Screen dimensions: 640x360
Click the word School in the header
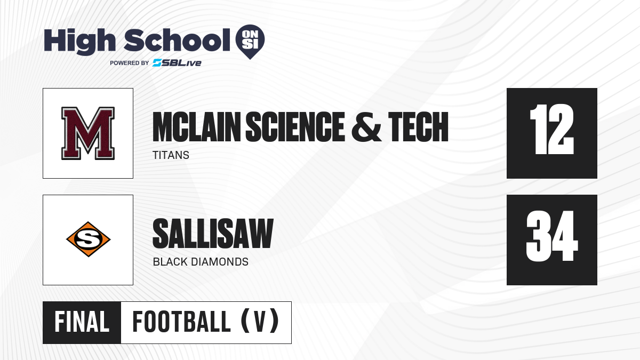click(177, 40)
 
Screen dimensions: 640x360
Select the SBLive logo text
click(177, 63)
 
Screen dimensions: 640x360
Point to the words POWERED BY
click(130, 63)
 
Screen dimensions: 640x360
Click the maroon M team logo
click(88, 133)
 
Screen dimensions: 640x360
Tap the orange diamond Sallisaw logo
click(89, 239)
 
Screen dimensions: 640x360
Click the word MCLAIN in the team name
click(197, 126)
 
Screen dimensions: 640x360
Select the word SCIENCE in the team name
click(295, 126)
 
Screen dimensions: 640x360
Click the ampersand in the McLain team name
click(366, 126)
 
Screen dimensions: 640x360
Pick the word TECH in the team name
click(418, 126)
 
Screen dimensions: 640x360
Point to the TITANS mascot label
click(171, 155)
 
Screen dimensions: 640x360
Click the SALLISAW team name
click(213, 234)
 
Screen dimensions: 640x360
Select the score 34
click(551, 236)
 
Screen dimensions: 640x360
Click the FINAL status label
click(82, 322)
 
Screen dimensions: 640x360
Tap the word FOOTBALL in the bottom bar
click(182, 322)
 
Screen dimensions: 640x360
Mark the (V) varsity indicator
click(260, 321)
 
